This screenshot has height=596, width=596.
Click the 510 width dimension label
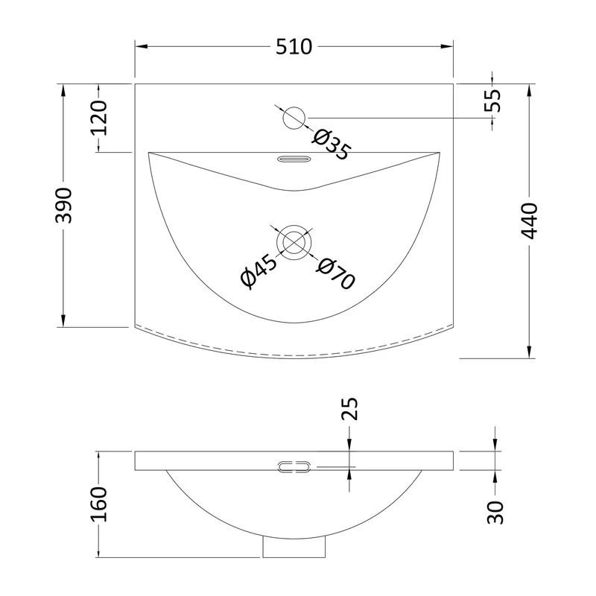coord(294,47)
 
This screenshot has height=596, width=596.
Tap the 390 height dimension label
coord(63,206)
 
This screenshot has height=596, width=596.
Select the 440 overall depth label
coord(529,221)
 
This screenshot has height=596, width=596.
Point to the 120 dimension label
coord(98,118)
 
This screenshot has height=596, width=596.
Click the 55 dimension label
coord(492,100)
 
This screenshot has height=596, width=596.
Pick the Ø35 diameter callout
coord(330,145)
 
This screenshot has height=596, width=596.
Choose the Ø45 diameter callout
coord(259,270)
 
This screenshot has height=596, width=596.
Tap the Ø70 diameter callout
coord(335,273)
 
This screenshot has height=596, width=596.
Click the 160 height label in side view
coord(98,504)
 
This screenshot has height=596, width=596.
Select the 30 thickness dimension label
coord(495,513)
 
